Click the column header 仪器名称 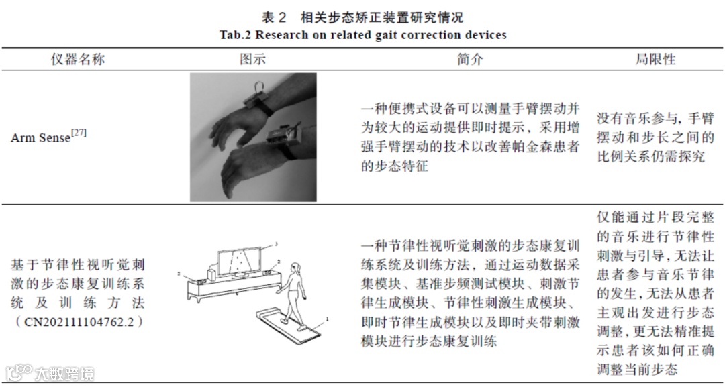point(78,59)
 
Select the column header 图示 point(252,59)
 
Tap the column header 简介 point(470,59)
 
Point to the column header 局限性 point(655,59)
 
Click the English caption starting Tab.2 point(362,34)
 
